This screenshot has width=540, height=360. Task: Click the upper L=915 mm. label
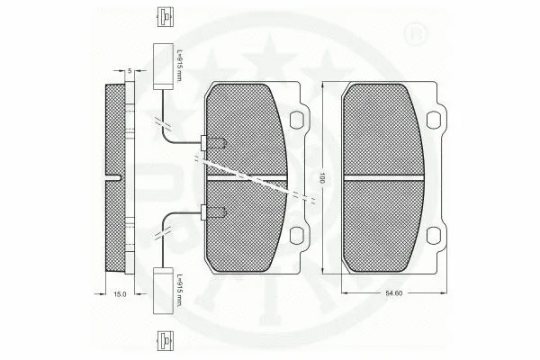point(180,64)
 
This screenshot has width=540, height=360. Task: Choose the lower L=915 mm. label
point(180,291)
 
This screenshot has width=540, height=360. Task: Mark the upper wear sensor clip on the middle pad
point(213,142)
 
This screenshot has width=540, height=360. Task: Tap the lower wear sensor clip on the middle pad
point(213,212)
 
